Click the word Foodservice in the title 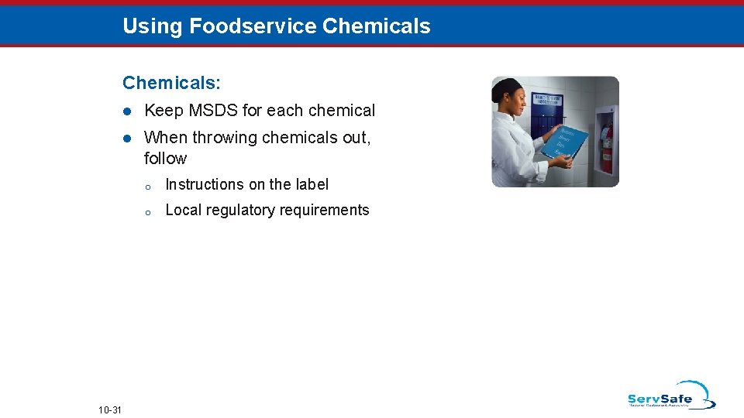pyautogui.click(x=253, y=26)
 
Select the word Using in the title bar pyautogui.click(x=153, y=26)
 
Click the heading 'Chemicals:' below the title pyautogui.click(x=171, y=82)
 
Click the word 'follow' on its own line pyautogui.click(x=165, y=159)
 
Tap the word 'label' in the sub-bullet pyautogui.click(x=312, y=184)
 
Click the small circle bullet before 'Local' pyautogui.click(x=146, y=211)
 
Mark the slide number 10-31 pyautogui.click(x=110, y=409)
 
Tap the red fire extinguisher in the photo pyautogui.click(x=607, y=146)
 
